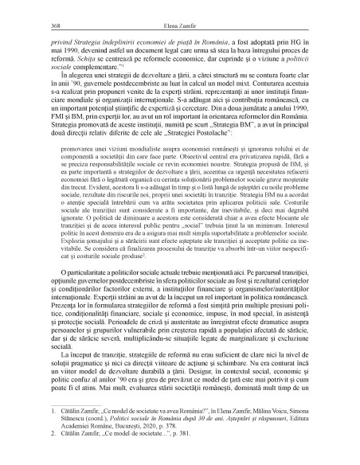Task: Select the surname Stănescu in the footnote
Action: pyautogui.click(x=61, y=439)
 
